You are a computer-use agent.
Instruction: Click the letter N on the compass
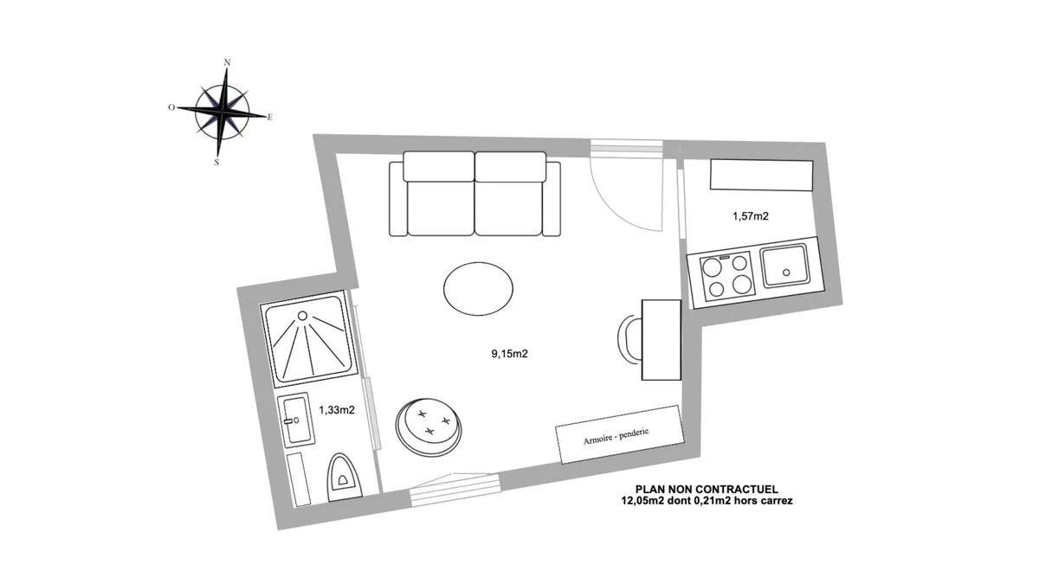(x=227, y=62)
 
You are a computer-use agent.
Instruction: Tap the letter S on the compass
(x=216, y=163)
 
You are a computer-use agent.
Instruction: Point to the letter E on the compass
(x=269, y=118)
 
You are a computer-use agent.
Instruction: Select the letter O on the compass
(x=171, y=107)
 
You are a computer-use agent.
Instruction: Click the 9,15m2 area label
(x=509, y=354)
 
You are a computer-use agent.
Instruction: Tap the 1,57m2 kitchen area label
(x=751, y=216)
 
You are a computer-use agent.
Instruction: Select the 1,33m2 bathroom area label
(x=337, y=410)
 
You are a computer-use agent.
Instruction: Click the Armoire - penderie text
(x=616, y=436)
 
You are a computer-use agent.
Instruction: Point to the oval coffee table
(x=478, y=289)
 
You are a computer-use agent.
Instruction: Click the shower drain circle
(x=302, y=316)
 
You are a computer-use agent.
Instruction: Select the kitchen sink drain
(x=786, y=273)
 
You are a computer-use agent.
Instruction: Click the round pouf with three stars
(x=429, y=427)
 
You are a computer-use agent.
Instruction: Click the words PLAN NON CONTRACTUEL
(x=707, y=490)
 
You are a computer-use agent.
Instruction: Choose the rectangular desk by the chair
(x=661, y=340)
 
